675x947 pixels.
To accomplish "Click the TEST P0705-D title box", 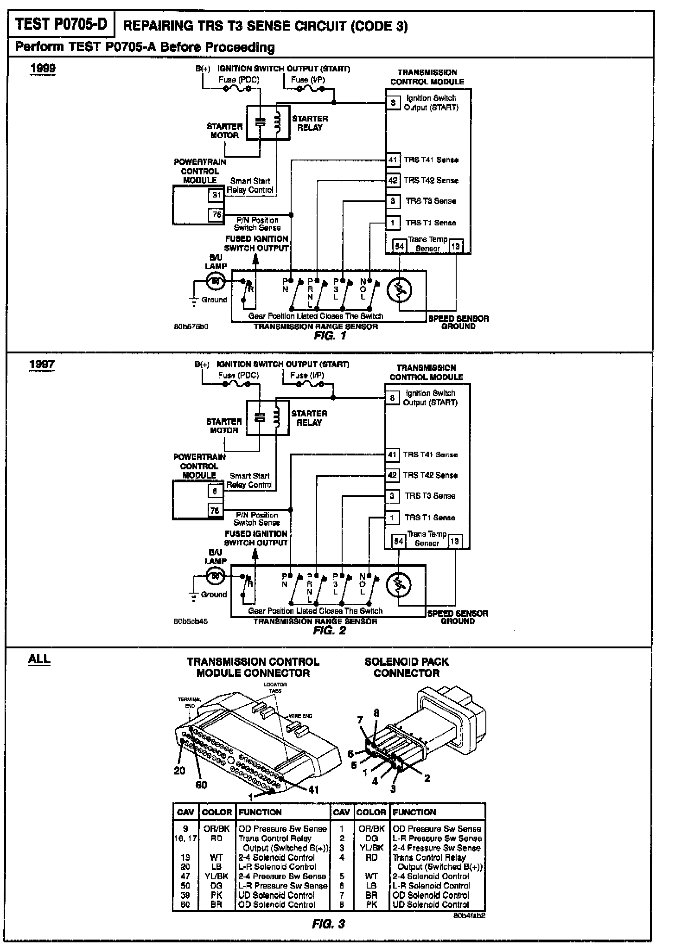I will (x=61, y=25).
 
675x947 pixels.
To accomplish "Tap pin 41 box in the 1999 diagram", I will (x=393, y=160).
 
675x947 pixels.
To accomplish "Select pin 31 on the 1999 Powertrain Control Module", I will (x=217, y=195).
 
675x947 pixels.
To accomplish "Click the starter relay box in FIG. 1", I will (x=268, y=122).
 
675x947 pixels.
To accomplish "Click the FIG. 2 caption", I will (x=329, y=631).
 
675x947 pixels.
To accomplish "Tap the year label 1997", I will (x=42, y=364).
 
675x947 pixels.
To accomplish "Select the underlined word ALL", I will (x=39, y=659).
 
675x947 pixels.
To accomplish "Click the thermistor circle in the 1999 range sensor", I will (x=399, y=290).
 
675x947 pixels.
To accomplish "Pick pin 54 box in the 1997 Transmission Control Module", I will (x=398, y=541).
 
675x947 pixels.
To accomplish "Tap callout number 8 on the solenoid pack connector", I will (x=376, y=713).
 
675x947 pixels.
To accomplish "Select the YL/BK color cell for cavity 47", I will (x=217, y=876).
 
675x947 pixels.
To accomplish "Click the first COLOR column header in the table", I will (x=217, y=812).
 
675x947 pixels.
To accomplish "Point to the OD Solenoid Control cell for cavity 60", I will (x=277, y=904).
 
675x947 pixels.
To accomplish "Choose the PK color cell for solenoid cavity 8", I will (x=371, y=904).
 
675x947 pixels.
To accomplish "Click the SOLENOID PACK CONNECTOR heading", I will (x=407, y=667).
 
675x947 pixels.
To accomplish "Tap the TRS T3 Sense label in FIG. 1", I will (x=431, y=201).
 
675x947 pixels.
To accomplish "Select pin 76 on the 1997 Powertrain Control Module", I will (x=215, y=511).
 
